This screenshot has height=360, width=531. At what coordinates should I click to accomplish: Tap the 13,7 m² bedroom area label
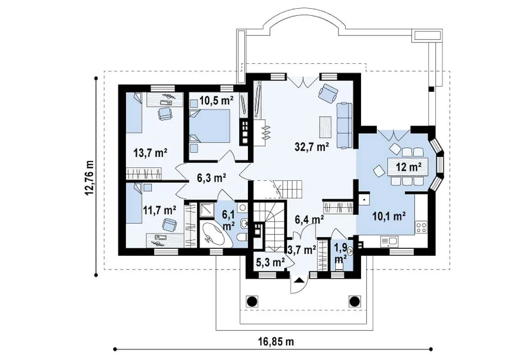pos(151,153)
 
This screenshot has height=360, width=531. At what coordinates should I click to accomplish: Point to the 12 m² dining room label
pos(409,166)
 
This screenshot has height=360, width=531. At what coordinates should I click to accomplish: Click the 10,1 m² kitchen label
pos(389,216)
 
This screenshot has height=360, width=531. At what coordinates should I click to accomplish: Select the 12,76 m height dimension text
pos(90,178)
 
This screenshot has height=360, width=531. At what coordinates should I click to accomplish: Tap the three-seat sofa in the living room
pos(344,126)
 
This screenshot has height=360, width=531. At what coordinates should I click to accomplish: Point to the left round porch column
pos(252,301)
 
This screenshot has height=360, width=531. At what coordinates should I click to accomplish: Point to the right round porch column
pos(355,301)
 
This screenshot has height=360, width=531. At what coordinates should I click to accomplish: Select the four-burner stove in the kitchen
pos(422,227)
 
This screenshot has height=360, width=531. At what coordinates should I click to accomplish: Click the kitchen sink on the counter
pos(389,241)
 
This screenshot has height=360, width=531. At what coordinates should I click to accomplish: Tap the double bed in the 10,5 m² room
pos(210,125)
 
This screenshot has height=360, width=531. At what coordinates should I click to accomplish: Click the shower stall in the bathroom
pos(206,210)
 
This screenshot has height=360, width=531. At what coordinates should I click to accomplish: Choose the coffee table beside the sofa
pos(326,127)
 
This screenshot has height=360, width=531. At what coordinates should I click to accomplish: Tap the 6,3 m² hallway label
pos(211,178)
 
